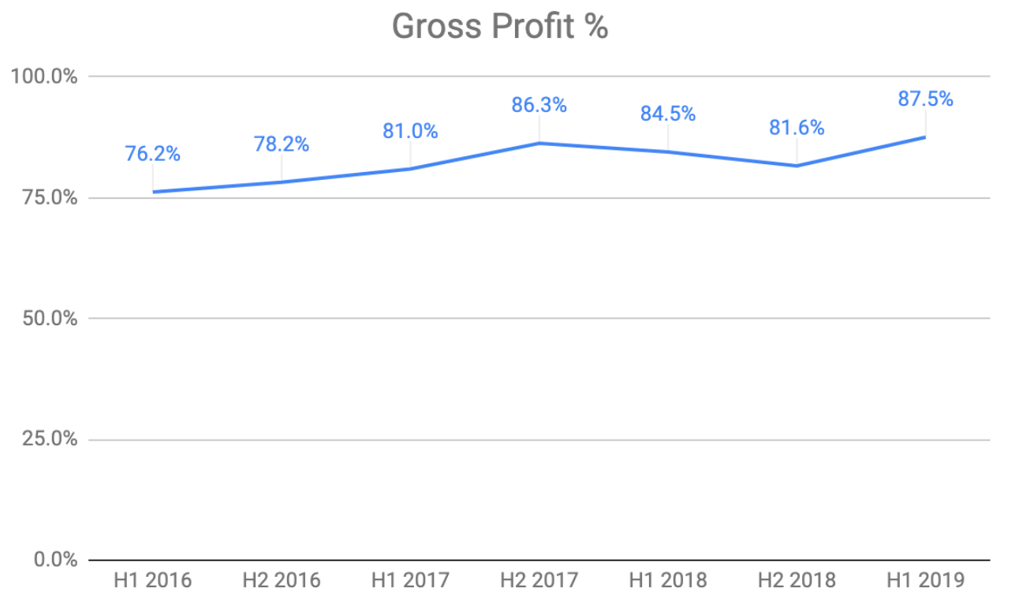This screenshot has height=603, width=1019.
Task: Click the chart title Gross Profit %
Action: pyautogui.click(x=500, y=27)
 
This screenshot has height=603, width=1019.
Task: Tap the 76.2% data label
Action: pyautogui.click(x=153, y=154)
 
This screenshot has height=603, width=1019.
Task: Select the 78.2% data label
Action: pyautogui.click(x=282, y=144)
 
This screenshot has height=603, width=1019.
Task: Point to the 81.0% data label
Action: pyautogui.click(x=410, y=131)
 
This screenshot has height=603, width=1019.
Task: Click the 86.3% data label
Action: pyautogui.click(x=539, y=105)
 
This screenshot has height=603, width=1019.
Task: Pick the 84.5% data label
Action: pyautogui.click(x=668, y=114)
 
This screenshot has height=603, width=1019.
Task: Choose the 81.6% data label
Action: pyautogui.click(x=797, y=128)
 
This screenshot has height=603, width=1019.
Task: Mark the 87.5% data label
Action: pyautogui.click(x=925, y=99)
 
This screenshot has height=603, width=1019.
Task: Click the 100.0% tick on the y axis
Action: pyautogui.click(x=43, y=77)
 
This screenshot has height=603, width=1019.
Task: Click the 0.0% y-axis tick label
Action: pyautogui.click(x=53, y=560)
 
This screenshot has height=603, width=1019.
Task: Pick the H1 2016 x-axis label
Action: pyautogui.click(x=153, y=581)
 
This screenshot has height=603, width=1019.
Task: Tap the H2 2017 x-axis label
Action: pyautogui.click(x=539, y=581)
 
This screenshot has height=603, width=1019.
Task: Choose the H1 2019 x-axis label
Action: pyautogui.click(x=925, y=581)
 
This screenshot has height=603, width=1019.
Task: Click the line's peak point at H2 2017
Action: pyautogui.click(x=539, y=143)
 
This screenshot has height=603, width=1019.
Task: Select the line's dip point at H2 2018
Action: pyautogui.click(x=797, y=166)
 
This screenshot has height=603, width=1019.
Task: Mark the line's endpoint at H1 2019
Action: pyautogui.click(x=925, y=137)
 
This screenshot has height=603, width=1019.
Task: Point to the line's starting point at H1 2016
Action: pyautogui.click(x=153, y=192)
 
